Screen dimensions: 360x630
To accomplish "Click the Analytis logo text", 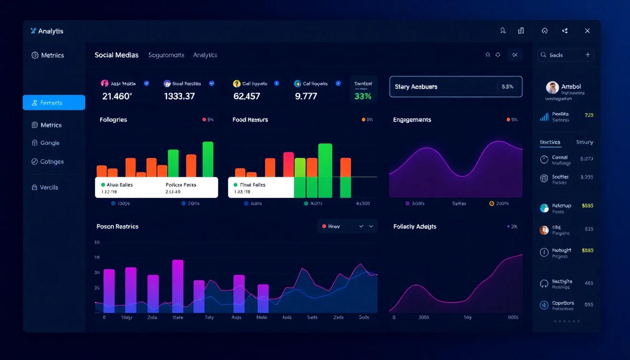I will click(51, 31).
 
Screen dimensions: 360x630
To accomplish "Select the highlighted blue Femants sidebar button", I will click(54, 103).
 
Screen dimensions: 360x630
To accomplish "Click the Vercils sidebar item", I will click(49, 187).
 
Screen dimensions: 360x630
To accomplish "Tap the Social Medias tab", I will click(116, 55).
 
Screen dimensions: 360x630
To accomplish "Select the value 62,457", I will click(247, 96).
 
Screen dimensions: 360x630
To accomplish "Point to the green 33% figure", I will click(363, 96).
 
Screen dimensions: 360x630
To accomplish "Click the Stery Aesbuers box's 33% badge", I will click(507, 87).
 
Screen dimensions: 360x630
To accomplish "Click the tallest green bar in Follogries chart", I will click(208, 159).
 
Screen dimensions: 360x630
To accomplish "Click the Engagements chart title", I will click(412, 120).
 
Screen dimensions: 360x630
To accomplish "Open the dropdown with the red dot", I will click(347, 226).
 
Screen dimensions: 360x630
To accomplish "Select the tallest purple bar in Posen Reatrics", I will click(178, 286).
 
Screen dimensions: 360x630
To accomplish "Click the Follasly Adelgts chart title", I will click(415, 226).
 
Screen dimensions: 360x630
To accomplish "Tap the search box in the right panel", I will click(565, 55).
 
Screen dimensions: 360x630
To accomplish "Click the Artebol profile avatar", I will click(552, 87).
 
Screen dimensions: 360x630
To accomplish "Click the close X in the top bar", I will click(587, 31).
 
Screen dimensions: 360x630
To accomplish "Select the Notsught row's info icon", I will click(544, 252).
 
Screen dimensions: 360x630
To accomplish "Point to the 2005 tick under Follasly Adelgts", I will click(423, 317).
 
